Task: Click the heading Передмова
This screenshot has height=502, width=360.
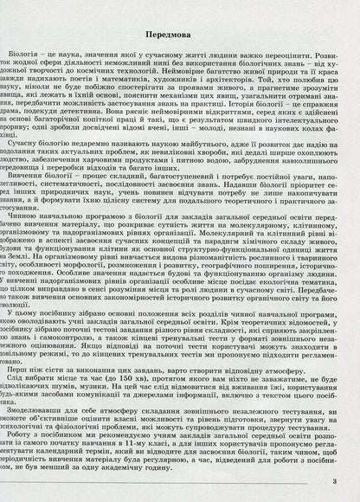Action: pos(180,33)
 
